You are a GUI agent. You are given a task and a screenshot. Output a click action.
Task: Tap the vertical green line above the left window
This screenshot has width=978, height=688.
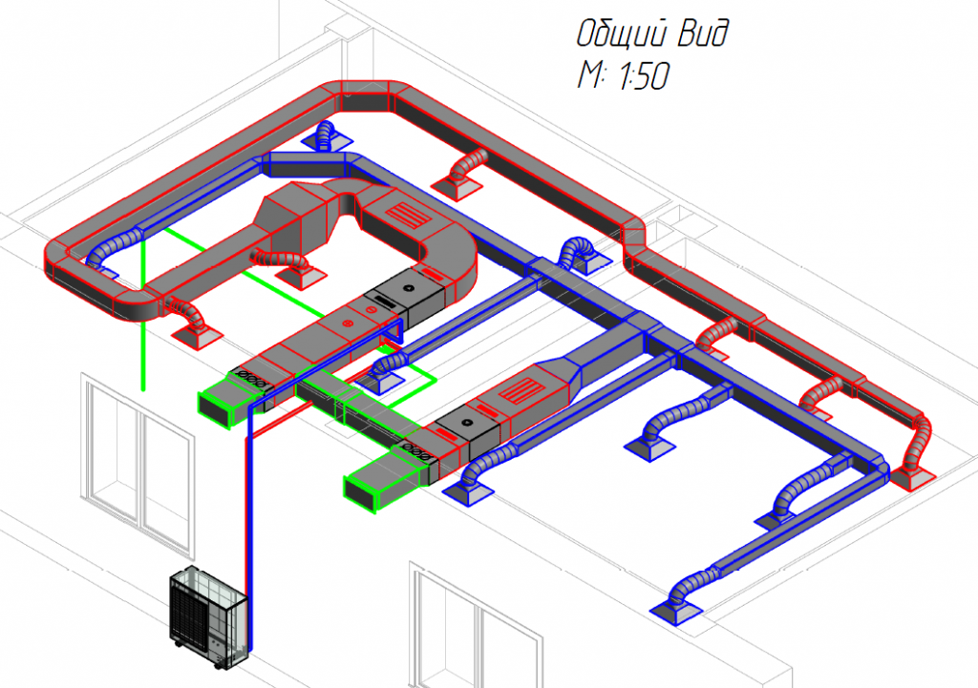[x=143, y=315]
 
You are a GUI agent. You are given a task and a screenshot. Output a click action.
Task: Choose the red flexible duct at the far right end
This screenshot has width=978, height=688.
[x=919, y=444]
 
